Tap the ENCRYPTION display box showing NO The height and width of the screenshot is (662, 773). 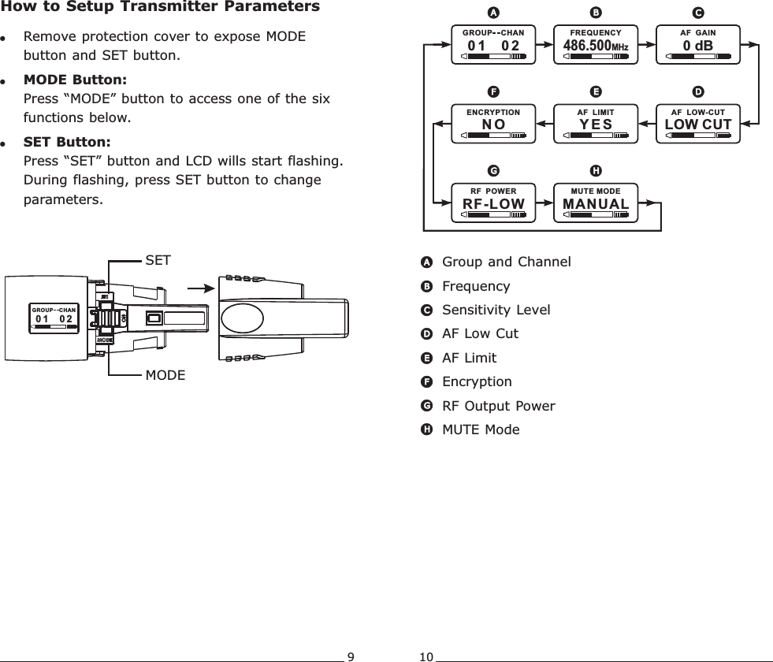point(493,123)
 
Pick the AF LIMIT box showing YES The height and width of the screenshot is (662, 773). point(595,123)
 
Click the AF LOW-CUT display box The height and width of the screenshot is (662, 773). point(698,123)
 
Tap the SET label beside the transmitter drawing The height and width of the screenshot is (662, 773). point(158,259)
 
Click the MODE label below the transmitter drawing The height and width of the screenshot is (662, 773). point(165,375)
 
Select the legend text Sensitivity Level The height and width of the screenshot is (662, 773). point(496,310)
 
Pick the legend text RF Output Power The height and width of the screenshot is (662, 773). point(498,406)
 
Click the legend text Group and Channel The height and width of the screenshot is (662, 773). point(507,262)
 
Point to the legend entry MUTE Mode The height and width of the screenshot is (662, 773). point(481,430)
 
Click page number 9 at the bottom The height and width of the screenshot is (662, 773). point(351,656)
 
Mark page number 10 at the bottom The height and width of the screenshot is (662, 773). point(426,656)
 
